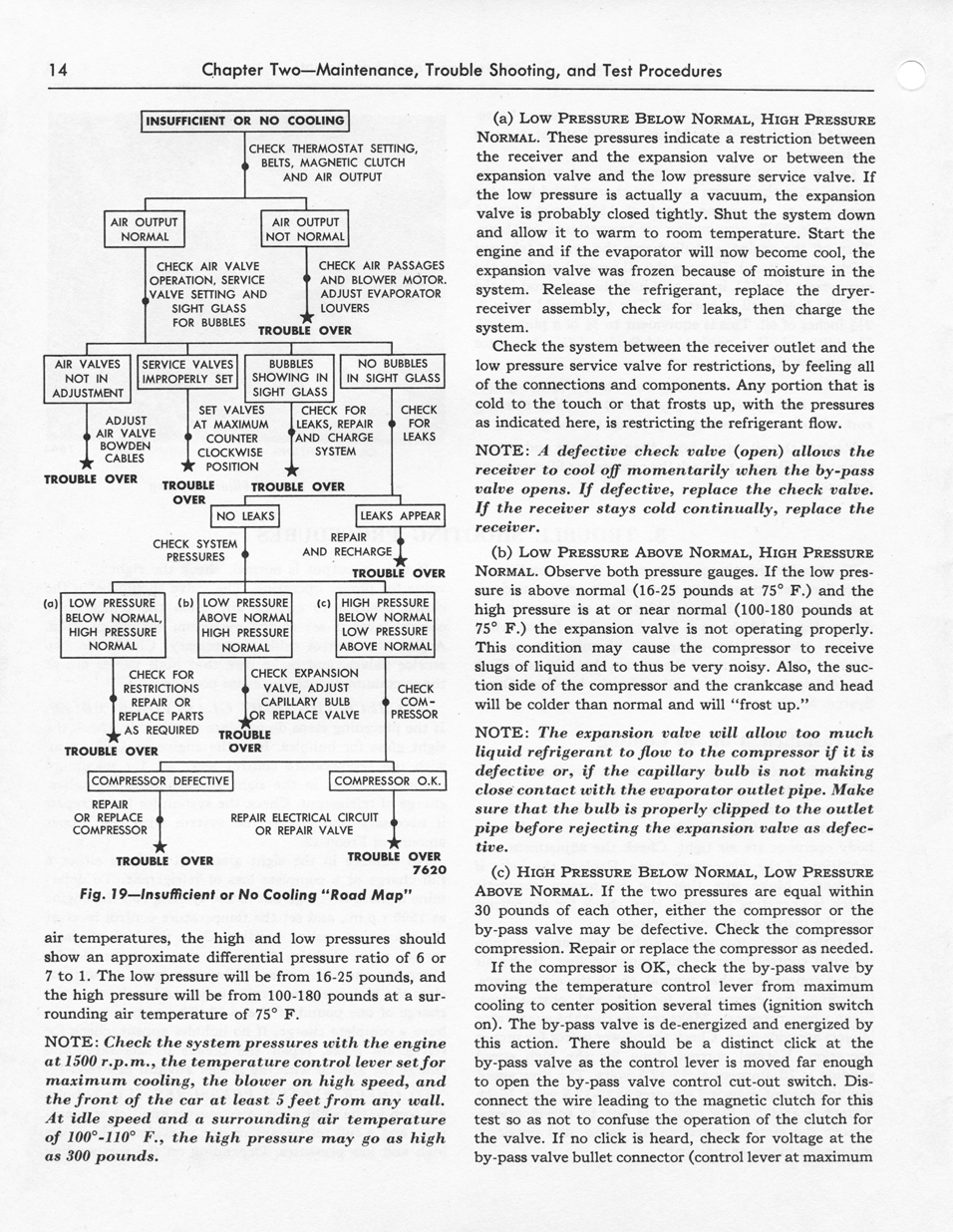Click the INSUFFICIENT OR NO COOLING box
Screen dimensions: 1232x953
[245, 121]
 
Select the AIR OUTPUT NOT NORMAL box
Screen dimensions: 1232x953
[305, 229]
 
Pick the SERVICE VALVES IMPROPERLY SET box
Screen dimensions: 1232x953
[188, 372]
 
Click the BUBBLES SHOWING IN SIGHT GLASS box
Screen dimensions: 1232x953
[291, 378]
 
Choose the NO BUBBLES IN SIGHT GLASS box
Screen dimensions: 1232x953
[393, 371]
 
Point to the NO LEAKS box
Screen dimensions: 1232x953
[244, 516]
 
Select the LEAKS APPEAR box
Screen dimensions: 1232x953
[400, 516]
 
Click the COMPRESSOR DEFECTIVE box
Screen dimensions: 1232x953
[160, 781]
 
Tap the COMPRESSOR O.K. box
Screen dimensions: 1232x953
[388, 781]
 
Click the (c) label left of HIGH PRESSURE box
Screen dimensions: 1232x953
[323, 602]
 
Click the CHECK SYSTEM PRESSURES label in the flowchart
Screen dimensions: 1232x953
[194, 550]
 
